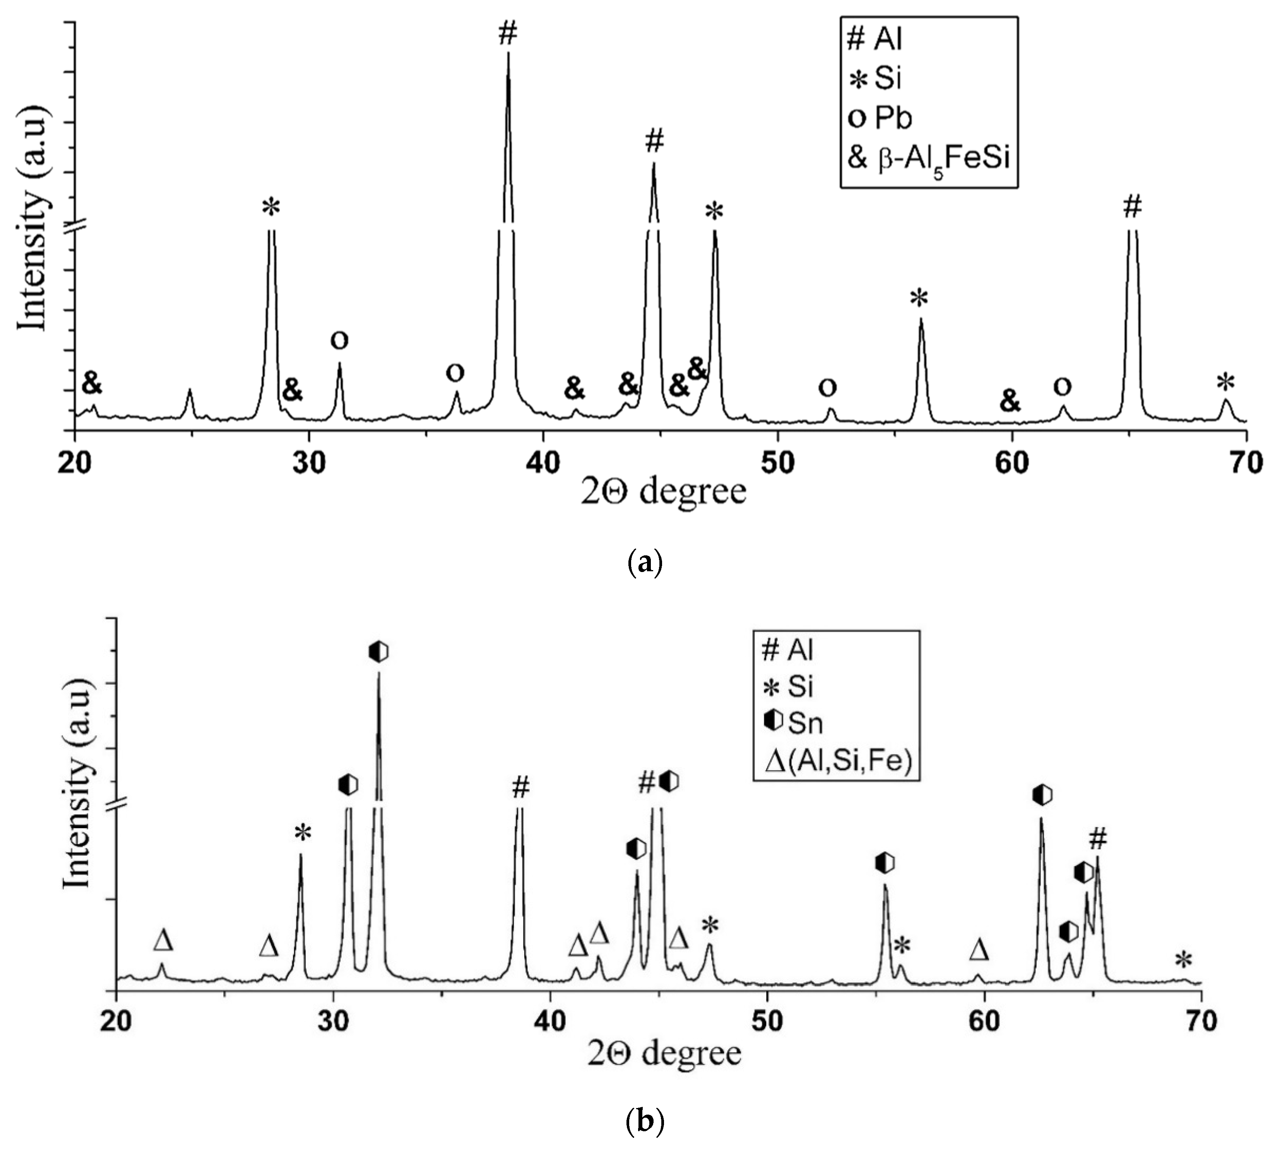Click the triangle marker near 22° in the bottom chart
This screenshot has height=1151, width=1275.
click(163, 940)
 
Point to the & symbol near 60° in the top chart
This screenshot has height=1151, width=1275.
click(1010, 400)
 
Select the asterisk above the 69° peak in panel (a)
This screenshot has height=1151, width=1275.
click(1225, 382)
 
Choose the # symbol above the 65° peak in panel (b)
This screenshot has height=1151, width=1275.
click(1098, 839)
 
